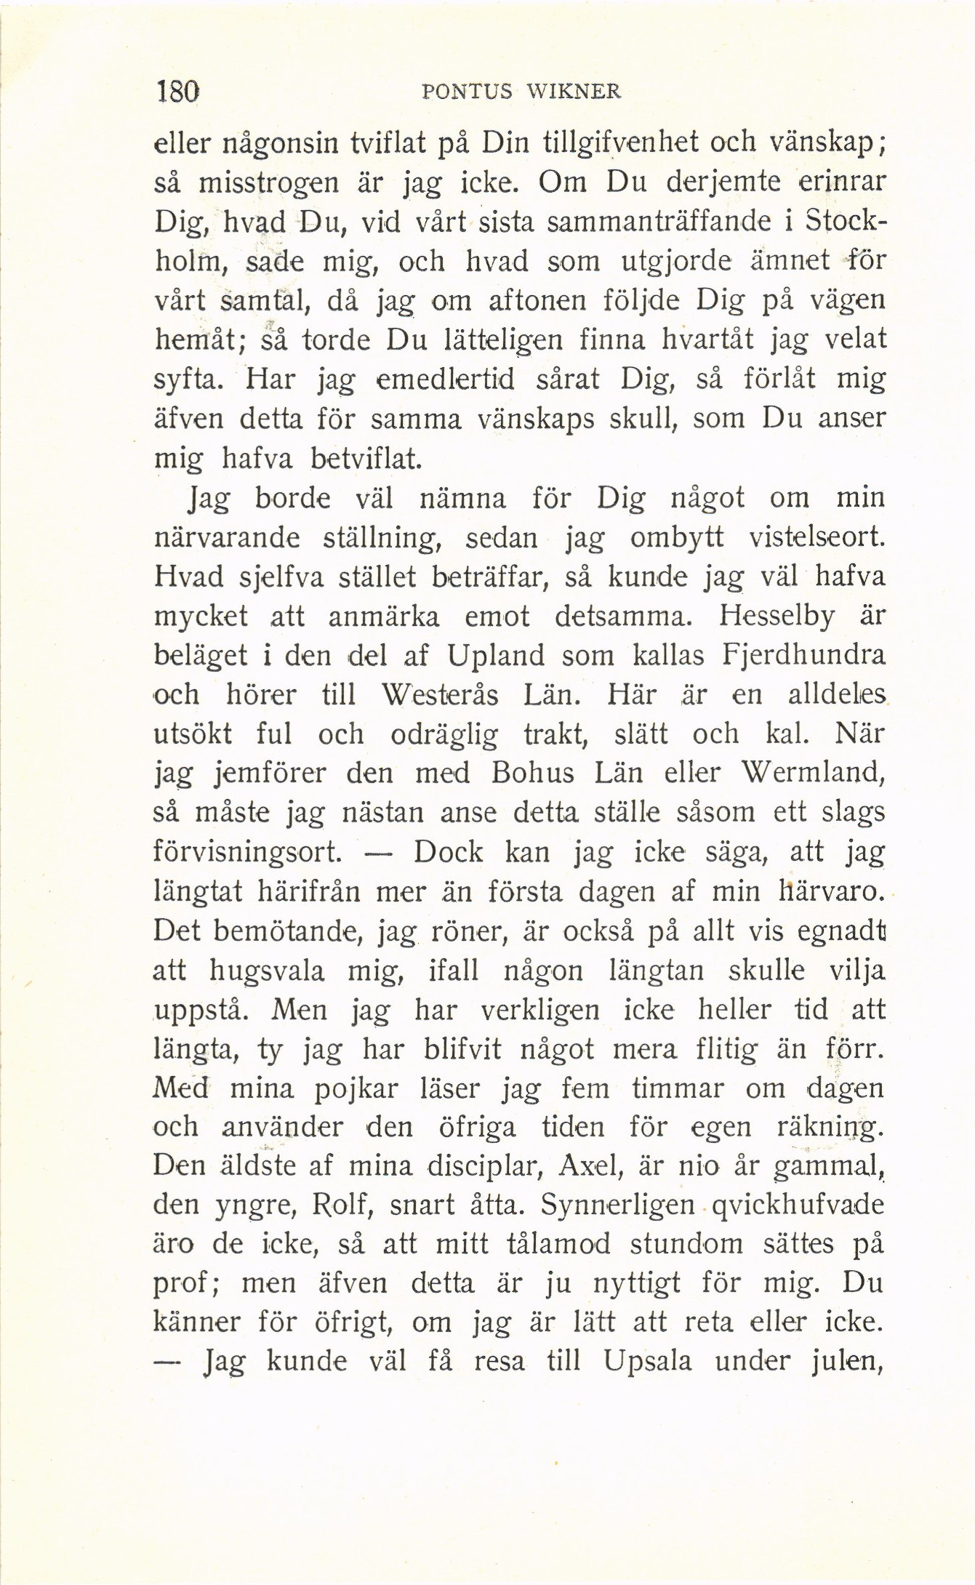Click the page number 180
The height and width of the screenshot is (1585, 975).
(177, 93)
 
